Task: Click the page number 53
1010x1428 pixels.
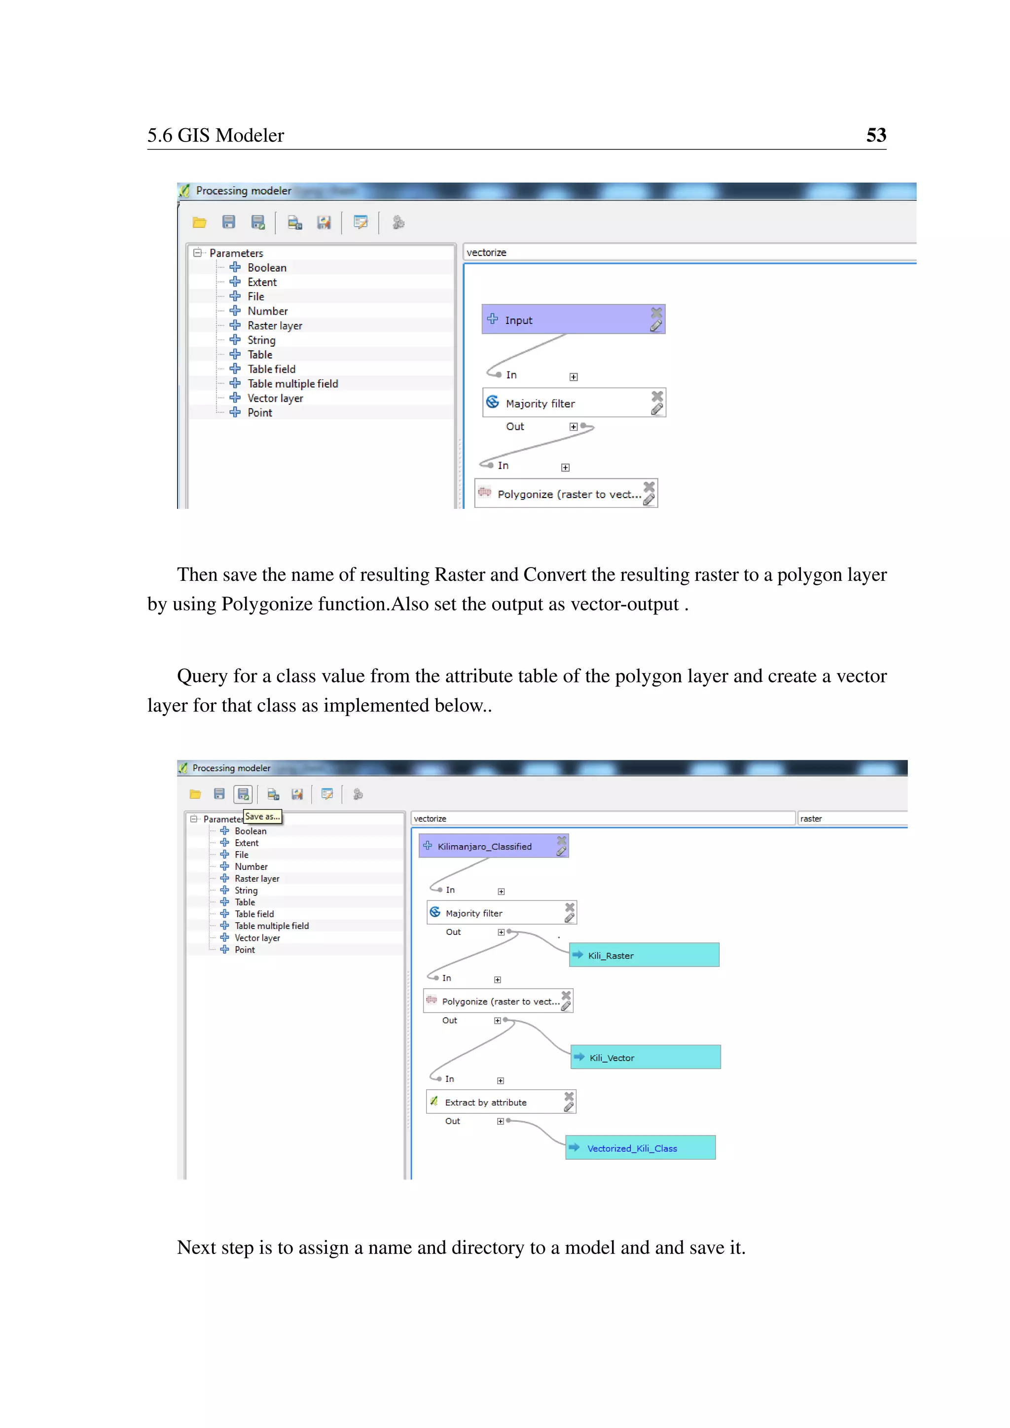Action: click(x=876, y=135)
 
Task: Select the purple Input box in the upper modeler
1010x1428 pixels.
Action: click(x=566, y=320)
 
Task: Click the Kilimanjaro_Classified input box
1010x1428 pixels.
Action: click(x=485, y=847)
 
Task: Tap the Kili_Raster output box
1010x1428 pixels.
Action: click(x=644, y=955)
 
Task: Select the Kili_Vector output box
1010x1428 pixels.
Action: click(x=646, y=1057)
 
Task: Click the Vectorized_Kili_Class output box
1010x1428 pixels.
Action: click(x=641, y=1148)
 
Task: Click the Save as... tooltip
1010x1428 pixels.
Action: click(x=262, y=817)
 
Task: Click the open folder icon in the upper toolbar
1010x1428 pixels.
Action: click(x=199, y=223)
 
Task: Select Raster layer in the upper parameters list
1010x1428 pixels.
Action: click(x=274, y=326)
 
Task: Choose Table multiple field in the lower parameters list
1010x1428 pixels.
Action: click(x=271, y=926)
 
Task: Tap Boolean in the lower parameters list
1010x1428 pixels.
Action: click(x=250, y=831)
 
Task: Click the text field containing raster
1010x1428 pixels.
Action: click(x=852, y=819)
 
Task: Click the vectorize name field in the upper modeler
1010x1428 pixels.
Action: click(x=684, y=252)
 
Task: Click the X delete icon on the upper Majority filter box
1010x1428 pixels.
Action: click(x=657, y=395)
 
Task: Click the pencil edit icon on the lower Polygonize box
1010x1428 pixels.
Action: click(x=565, y=1006)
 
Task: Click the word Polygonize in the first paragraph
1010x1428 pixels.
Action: click(x=267, y=604)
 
